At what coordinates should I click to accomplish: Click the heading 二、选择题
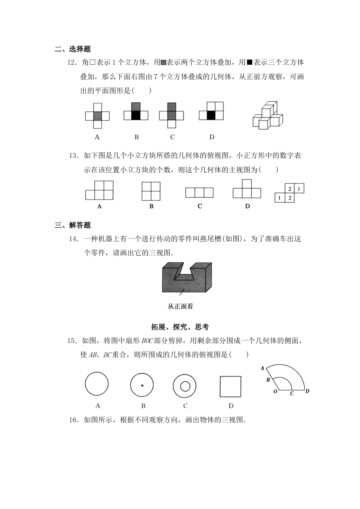coord(73,49)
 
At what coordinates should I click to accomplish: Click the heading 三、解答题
coord(73,225)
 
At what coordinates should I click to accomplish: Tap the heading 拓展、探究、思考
coord(180,327)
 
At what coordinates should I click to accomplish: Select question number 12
coord(72,62)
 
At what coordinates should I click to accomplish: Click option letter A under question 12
coord(97,137)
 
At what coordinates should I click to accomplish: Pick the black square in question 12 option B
coord(136,115)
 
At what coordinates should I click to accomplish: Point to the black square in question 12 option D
coord(211,115)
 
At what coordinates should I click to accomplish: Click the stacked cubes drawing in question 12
coord(268,115)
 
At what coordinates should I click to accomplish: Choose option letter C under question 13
coord(200,206)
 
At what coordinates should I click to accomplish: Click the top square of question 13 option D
coord(247,184)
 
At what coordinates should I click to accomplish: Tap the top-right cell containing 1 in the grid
coord(299,189)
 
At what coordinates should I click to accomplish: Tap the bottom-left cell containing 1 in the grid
coord(280,198)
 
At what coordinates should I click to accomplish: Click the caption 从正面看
coord(180,307)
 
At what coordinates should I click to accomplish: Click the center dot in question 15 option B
coord(142,386)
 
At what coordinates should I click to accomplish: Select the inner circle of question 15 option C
coord(185,386)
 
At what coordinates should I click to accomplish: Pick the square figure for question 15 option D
coord(230,386)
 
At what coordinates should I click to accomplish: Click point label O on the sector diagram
coord(275,391)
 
